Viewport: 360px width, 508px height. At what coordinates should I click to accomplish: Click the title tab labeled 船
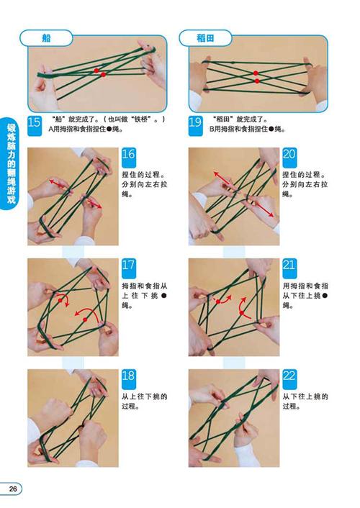click(48, 37)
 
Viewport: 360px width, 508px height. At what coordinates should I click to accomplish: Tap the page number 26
click(13, 489)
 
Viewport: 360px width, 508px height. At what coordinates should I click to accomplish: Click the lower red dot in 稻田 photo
click(257, 81)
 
